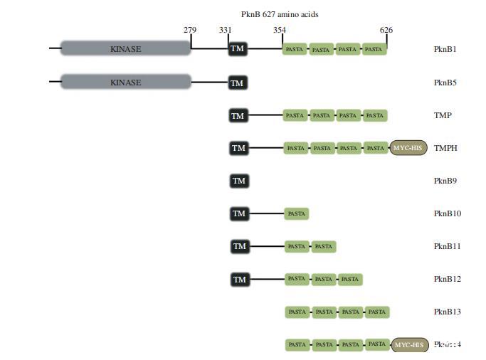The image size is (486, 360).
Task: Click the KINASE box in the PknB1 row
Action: tap(126, 49)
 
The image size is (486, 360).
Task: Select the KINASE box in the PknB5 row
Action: tap(126, 82)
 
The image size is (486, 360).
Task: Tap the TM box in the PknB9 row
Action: tap(239, 181)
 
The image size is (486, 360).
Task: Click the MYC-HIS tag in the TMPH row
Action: tap(408, 148)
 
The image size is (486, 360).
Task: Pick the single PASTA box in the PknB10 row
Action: tap(296, 213)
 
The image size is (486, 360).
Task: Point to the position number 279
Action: tap(190, 30)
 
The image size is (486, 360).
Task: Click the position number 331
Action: tap(226, 30)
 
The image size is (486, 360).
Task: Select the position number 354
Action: tap(280, 30)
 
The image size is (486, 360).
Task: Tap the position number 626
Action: tap(386, 30)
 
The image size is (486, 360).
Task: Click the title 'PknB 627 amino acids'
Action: tap(280, 14)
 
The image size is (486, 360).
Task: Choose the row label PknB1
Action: tap(445, 49)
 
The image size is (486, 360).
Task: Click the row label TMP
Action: tap(443, 115)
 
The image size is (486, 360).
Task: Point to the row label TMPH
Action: tap(445, 148)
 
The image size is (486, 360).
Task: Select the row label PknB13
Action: tap(448, 312)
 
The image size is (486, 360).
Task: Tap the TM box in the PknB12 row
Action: tap(240, 280)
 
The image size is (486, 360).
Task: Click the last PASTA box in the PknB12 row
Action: tap(350, 280)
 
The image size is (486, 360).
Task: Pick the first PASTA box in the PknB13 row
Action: tap(297, 312)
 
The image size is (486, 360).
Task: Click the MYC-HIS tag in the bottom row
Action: tap(410, 345)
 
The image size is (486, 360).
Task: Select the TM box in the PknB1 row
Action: tap(238, 49)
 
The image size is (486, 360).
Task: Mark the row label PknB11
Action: tap(448, 246)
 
